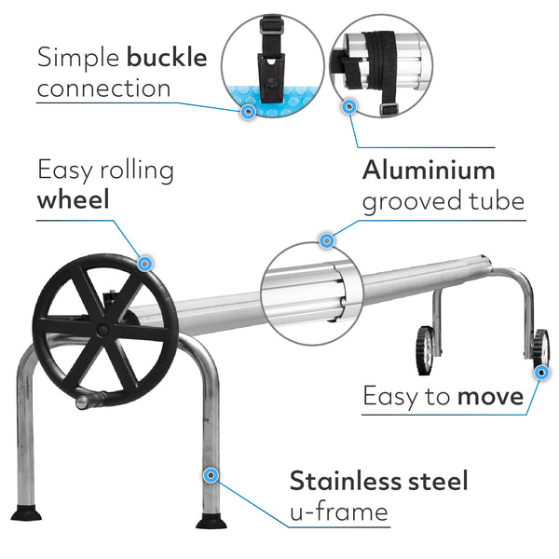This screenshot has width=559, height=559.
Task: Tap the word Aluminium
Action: [x=428, y=170]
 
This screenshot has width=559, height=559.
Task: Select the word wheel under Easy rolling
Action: [x=74, y=200]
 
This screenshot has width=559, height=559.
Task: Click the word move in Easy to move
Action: [x=489, y=396]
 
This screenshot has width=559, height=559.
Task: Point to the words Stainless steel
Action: [x=378, y=481]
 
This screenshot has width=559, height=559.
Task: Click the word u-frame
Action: [x=338, y=511]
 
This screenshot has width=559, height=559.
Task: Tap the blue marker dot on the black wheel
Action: [x=145, y=264]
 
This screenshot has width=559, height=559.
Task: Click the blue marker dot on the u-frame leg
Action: [x=211, y=475]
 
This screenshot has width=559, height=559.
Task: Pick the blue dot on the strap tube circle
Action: [x=349, y=107]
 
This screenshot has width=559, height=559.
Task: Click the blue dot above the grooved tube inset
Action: [x=327, y=241]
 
